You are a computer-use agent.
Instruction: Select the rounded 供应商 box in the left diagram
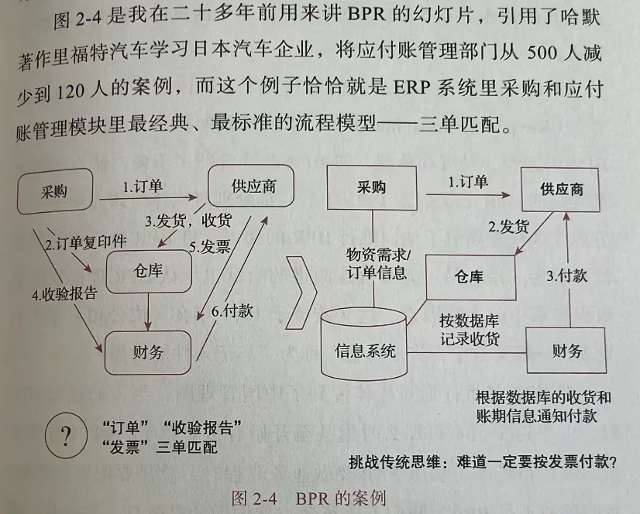[x=253, y=187]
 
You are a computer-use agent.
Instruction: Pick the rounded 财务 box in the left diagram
[x=147, y=351]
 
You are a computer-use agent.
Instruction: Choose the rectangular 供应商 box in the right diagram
[x=561, y=190]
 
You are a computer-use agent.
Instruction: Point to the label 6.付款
[x=232, y=312]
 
